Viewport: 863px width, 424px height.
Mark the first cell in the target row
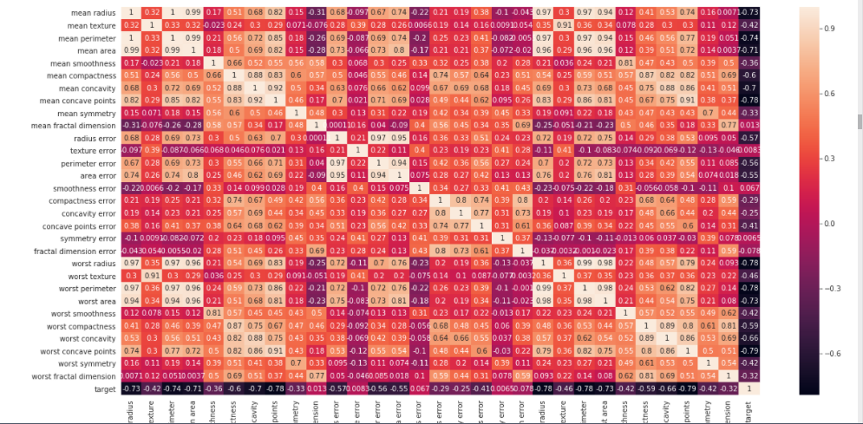tap(131, 389)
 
